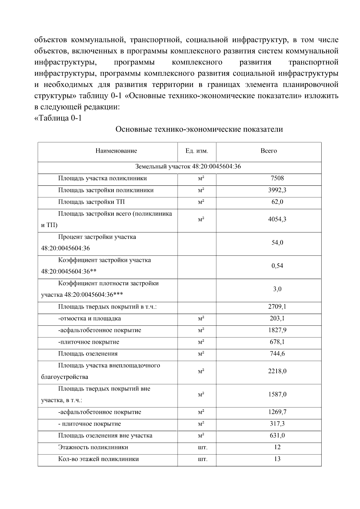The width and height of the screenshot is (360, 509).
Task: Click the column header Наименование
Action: coord(116,151)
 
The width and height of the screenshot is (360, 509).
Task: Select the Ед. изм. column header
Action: coord(196,151)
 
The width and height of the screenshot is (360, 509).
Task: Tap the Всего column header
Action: coord(268,151)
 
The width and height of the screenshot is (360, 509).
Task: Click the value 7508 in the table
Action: coord(277,178)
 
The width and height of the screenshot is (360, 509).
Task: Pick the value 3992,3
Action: coord(277,190)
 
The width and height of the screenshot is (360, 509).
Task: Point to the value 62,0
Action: coord(277,202)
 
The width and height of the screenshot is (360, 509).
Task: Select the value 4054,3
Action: coord(277,219)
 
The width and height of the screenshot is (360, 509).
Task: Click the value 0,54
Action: coord(277,266)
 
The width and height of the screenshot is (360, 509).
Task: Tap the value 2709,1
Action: coord(277,307)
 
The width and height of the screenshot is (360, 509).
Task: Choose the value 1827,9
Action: coord(277,330)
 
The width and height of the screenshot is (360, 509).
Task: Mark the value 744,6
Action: coord(277,354)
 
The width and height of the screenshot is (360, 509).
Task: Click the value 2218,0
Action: coord(277,371)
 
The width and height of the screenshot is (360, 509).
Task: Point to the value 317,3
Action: coord(277,424)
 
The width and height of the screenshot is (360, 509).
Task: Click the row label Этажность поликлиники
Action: coord(93,447)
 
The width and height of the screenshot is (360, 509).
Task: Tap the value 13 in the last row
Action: coord(277,459)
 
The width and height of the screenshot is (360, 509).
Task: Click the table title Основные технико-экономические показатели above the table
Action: coord(199,129)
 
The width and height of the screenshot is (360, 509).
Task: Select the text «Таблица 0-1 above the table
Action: coord(58,118)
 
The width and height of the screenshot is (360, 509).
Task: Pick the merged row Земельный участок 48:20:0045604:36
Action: coord(188,166)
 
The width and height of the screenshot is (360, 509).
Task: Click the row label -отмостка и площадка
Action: coord(89,319)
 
